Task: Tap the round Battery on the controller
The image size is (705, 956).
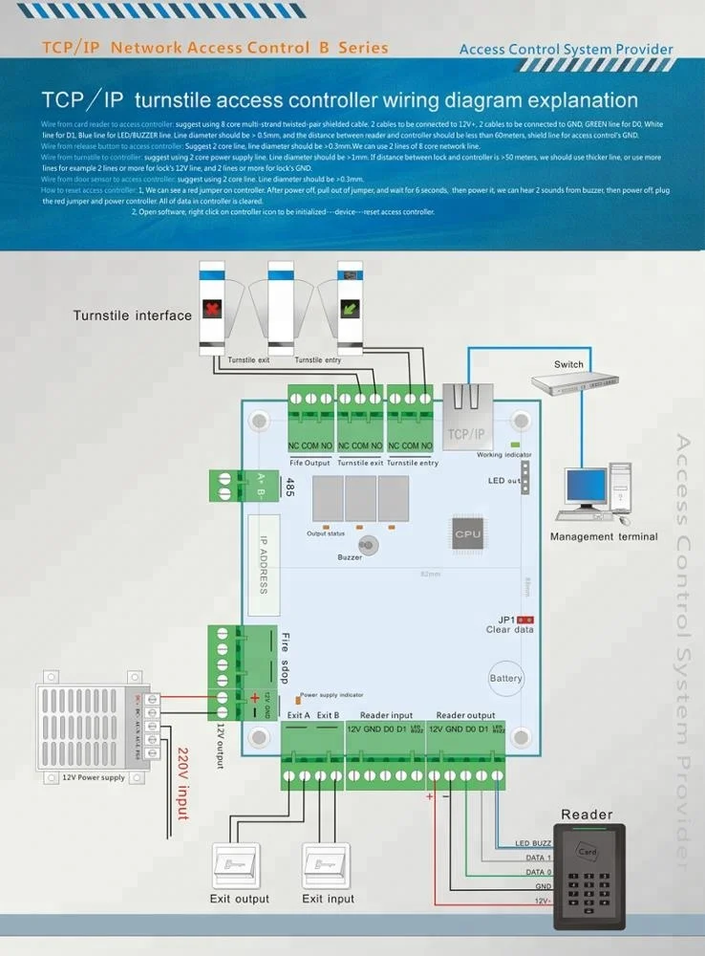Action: [x=506, y=678]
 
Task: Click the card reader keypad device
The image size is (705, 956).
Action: [x=588, y=875]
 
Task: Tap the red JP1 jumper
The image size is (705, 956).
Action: [x=524, y=620]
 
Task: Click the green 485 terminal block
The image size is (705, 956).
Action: [x=230, y=485]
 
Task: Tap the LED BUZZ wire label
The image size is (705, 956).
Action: [x=533, y=843]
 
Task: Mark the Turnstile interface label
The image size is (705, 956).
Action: [x=133, y=315]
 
